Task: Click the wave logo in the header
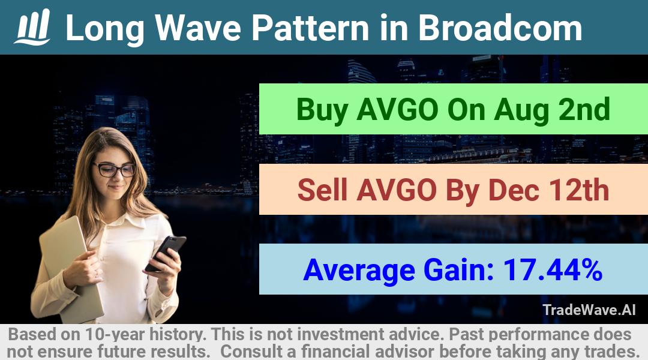click(x=32, y=27)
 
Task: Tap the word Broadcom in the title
click(x=500, y=28)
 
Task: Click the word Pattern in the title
click(x=310, y=28)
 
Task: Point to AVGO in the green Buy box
click(x=397, y=110)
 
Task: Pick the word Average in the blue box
click(x=359, y=271)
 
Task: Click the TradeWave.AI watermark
click(x=589, y=310)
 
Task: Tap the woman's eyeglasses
click(x=115, y=169)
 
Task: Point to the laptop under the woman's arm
click(x=71, y=269)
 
